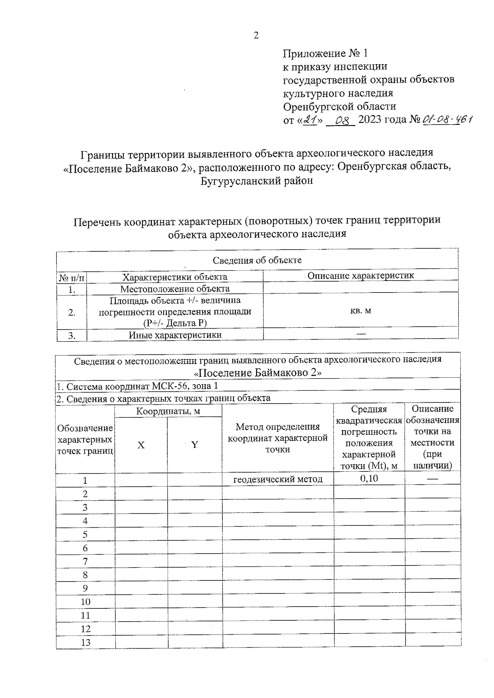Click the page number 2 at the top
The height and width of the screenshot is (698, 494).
(256, 36)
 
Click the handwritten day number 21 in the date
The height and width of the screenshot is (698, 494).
(311, 120)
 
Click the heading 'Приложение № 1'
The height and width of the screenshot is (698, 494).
(325, 53)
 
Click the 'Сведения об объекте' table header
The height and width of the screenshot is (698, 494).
(257, 260)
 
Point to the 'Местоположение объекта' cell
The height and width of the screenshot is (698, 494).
(175, 289)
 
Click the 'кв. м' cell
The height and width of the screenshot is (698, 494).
(360, 311)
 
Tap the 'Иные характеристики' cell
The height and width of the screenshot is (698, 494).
(175, 335)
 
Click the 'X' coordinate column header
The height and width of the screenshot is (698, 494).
(141, 445)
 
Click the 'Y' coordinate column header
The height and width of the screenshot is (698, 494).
(195, 445)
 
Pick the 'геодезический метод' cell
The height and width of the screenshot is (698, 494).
(278, 479)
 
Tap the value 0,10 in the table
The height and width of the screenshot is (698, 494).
(369, 478)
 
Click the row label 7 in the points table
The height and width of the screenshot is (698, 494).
(85, 561)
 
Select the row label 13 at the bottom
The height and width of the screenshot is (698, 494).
(85, 642)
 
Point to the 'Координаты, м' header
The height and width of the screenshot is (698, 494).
(168, 411)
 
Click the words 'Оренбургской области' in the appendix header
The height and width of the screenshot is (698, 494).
(340, 107)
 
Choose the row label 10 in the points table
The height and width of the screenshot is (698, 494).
(85, 602)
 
